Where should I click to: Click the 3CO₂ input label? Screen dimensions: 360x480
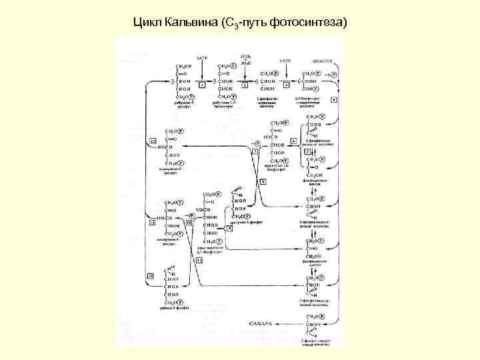(x=246, y=59)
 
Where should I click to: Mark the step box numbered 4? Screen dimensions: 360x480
(x=333, y=99)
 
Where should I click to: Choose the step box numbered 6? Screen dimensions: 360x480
(x=293, y=141)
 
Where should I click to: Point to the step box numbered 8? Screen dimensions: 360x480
(x=263, y=181)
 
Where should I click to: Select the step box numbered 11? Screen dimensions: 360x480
(x=198, y=260)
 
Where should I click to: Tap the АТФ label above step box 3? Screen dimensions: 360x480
(x=286, y=59)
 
